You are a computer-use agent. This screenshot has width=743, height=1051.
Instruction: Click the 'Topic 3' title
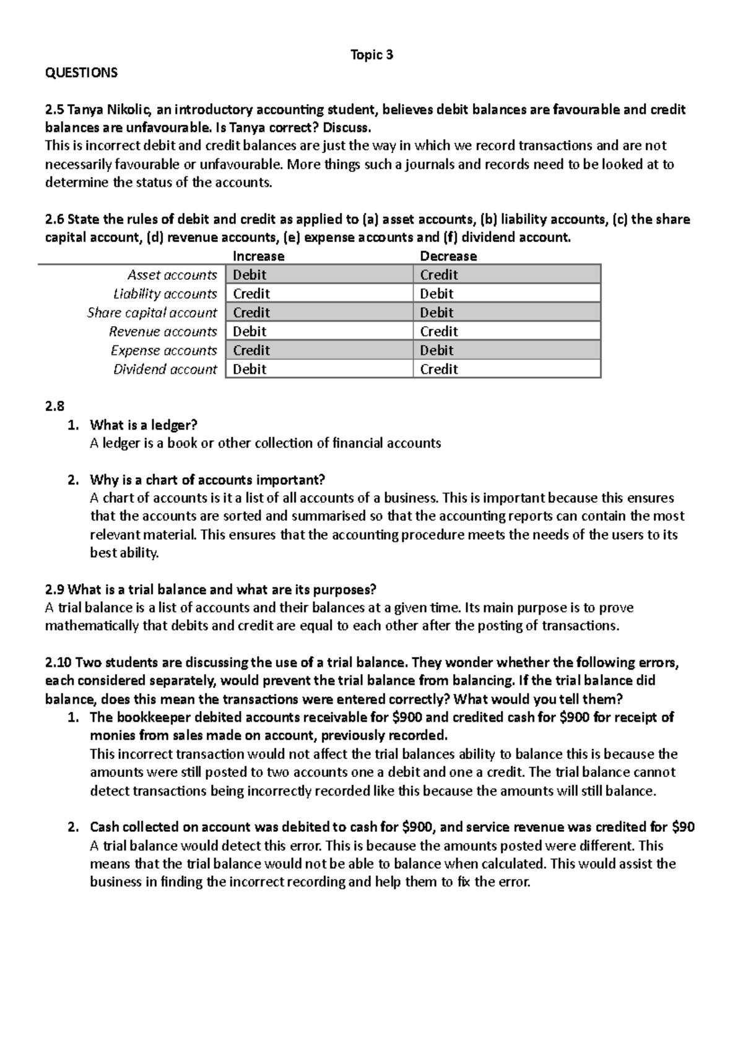[x=371, y=55]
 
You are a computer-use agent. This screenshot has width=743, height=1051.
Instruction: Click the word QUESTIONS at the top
[x=81, y=73]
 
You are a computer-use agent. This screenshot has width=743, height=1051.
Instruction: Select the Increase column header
[x=258, y=256]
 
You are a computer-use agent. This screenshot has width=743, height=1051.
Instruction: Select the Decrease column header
[x=448, y=256]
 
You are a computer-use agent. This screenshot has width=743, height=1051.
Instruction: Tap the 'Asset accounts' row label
[x=172, y=275]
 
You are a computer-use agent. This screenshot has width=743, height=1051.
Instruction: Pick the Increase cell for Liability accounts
[x=318, y=293]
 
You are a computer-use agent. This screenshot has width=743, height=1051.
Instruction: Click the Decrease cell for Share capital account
[x=506, y=313]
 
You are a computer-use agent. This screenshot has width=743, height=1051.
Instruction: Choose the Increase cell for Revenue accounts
[x=318, y=331]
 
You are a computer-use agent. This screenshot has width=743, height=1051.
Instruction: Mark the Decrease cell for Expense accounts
[x=506, y=350]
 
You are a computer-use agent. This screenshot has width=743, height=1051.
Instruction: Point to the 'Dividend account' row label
[x=165, y=370]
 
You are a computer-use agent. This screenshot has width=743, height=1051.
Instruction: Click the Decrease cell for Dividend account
[x=506, y=370]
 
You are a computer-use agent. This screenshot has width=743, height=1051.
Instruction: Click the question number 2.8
[x=54, y=407]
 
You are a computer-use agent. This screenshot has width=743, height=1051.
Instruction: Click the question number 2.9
[x=54, y=589]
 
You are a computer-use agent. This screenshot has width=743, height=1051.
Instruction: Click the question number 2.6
[x=54, y=219]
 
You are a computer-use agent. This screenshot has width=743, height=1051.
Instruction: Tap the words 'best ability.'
[x=124, y=553]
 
